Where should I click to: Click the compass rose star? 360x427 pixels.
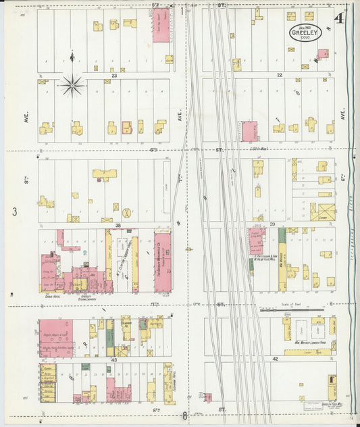72,85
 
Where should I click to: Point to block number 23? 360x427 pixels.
114,76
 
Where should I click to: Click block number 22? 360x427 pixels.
278,75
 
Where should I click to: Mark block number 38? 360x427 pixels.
118,224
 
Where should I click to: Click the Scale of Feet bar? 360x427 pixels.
292,311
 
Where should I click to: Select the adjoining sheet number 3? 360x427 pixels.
13,212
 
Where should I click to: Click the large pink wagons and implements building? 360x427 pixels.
57,337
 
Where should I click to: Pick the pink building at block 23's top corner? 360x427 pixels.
161,25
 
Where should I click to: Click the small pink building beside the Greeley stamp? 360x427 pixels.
323,53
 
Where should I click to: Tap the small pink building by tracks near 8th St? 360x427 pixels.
207,397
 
